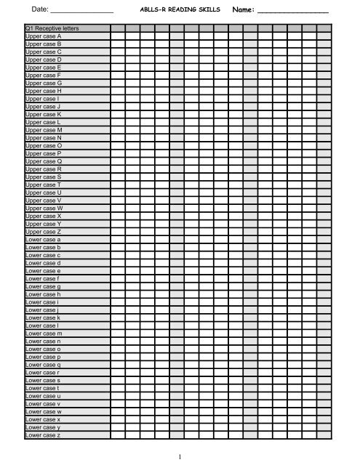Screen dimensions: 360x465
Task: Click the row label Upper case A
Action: point(43,36)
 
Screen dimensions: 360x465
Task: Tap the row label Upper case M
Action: point(44,129)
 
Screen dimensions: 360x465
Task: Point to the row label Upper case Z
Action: point(43,231)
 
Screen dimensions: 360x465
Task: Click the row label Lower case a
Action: point(43,239)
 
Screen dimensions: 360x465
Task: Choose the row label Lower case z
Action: point(43,434)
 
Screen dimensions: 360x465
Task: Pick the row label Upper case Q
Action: point(43,161)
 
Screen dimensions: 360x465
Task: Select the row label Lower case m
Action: point(44,333)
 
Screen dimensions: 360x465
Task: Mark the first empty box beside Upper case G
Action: point(116,83)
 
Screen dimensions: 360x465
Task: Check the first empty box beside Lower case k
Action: point(116,318)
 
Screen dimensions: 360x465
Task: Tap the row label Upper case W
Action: point(44,208)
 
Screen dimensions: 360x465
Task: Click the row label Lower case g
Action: point(43,286)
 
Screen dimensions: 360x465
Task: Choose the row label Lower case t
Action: point(43,387)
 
